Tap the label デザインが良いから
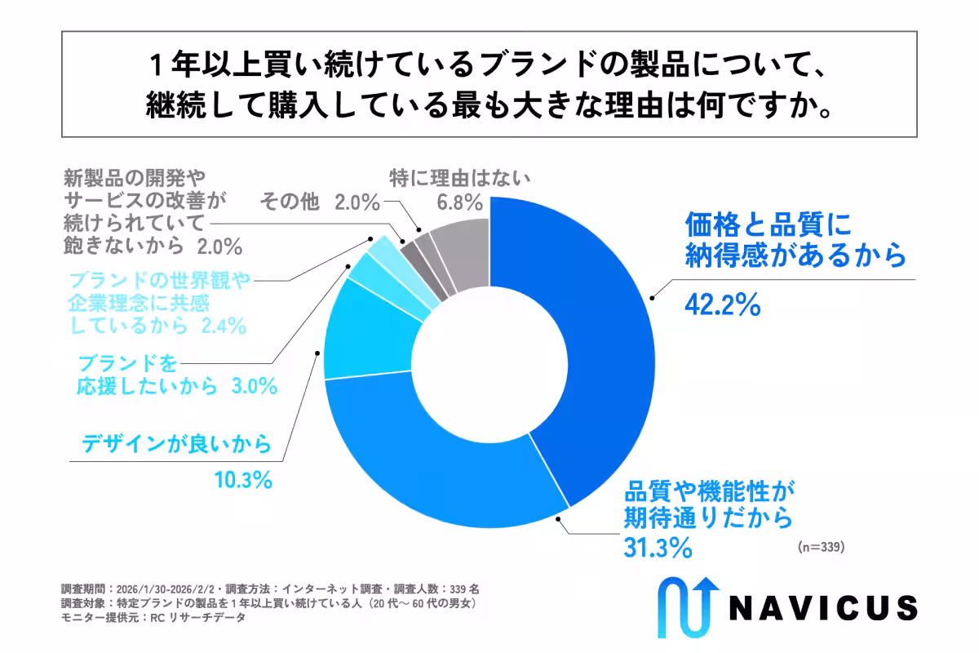click(175, 444)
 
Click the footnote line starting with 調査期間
click(270, 588)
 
